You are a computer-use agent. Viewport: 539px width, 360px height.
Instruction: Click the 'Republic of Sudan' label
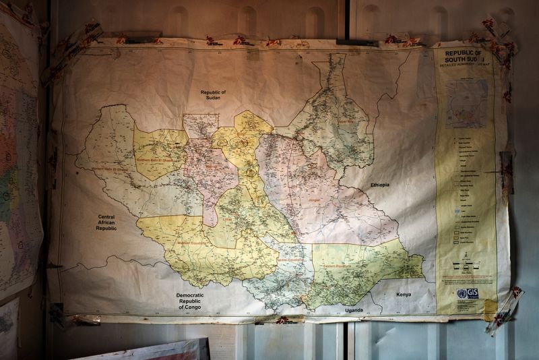coord(214,96)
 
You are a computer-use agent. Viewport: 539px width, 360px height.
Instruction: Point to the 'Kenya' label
coord(403,295)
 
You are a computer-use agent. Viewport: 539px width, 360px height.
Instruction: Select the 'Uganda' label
coord(353,310)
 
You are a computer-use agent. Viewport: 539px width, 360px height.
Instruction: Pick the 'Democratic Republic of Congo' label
coord(195,300)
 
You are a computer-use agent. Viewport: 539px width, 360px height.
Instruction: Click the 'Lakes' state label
coord(228,219)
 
